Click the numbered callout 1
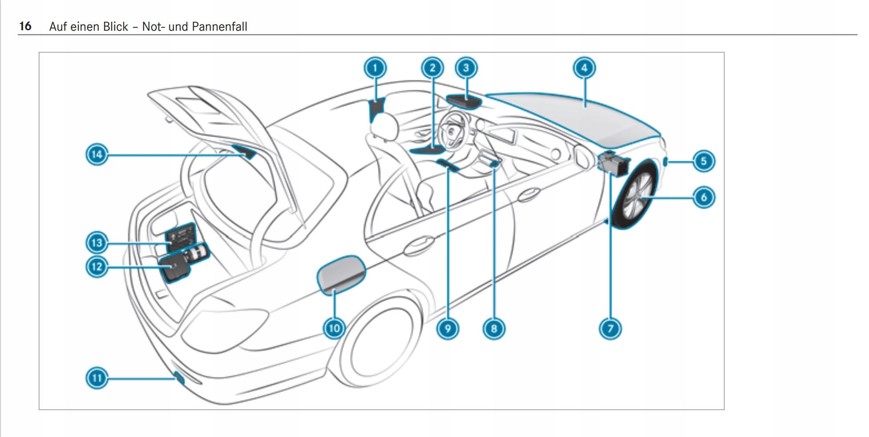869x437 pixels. tap(375, 68)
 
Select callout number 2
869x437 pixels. tap(432, 68)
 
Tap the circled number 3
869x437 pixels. tap(466, 68)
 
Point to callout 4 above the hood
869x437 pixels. tap(584, 68)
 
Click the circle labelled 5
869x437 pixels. tap(703, 161)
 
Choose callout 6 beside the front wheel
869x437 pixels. tap(703, 197)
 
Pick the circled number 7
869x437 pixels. tap(610, 329)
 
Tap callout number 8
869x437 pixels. tap(493, 329)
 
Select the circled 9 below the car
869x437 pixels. tap(448, 329)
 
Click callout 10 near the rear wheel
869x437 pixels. tap(334, 328)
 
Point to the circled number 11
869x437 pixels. tap(97, 378)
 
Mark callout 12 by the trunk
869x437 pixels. tap(97, 267)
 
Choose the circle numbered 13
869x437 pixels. tap(97, 243)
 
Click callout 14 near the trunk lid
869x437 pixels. tap(97, 154)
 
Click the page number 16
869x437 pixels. tap(25, 26)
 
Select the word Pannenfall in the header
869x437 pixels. tap(219, 27)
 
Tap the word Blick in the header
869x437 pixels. tap(115, 27)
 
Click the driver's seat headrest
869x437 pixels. tap(385, 125)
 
